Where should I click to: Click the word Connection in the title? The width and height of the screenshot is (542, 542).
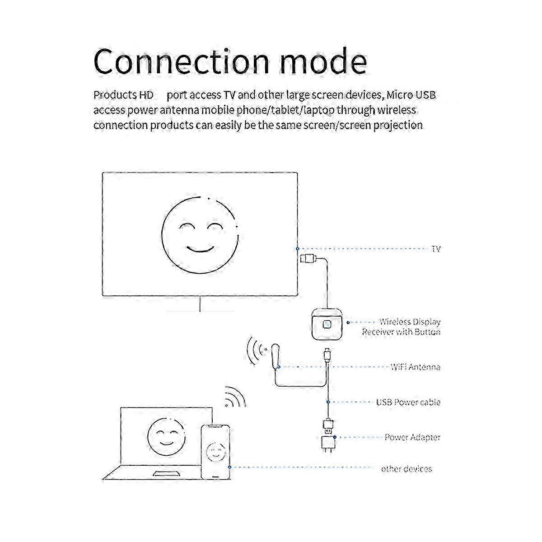click(182, 61)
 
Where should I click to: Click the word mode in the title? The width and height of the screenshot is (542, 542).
click(323, 61)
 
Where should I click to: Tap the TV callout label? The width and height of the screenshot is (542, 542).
click(436, 248)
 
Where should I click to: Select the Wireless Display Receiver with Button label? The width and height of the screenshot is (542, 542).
click(402, 327)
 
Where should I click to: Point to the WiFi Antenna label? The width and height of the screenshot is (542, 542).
click(416, 367)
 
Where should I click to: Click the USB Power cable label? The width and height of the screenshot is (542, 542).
click(408, 402)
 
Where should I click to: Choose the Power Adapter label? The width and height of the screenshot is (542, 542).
click(412, 437)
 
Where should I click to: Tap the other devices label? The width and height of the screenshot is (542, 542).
click(406, 468)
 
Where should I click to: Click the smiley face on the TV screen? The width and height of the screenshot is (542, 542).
click(200, 235)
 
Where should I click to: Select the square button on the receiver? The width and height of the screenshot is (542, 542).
click(327, 325)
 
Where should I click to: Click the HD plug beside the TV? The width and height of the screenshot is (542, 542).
click(309, 258)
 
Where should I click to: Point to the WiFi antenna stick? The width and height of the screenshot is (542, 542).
click(276, 355)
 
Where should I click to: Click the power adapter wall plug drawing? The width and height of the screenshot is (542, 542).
click(328, 443)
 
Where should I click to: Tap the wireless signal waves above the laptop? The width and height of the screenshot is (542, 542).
click(235, 397)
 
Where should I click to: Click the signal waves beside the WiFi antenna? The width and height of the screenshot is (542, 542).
click(257, 350)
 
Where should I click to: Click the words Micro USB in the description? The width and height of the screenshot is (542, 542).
click(411, 95)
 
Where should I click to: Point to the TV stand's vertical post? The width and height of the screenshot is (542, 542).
click(200, 304)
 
